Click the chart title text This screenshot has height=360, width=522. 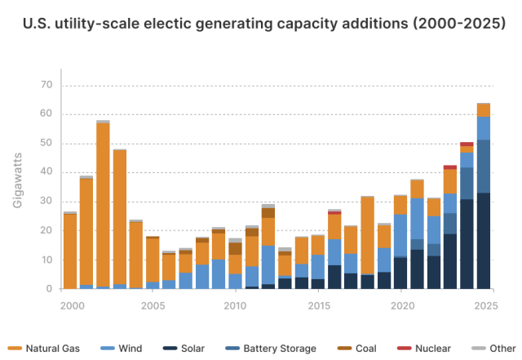coord(261,25)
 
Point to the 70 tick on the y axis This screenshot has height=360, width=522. coord(45,85)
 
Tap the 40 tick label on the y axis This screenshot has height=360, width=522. coord(45,172)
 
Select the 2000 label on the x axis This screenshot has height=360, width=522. coord(72,305)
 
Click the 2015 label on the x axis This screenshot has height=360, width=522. coord(318,305)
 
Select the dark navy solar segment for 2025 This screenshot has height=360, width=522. coord(483,241)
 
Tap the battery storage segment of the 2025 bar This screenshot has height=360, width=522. coord(483,166)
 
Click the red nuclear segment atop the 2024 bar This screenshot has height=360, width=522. coord(467,144)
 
